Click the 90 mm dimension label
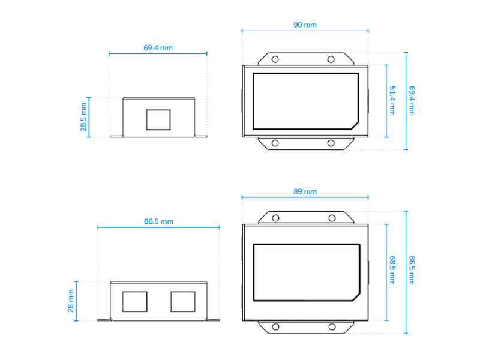(305, 25)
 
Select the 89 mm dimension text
(305, 191)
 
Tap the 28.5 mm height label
(83, 116)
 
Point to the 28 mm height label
(71, 301)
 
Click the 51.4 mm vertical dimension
(392, 101)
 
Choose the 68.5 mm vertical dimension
(392, 270)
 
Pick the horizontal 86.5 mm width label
(158, 221)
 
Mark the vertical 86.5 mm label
(412, 270)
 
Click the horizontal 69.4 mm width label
(158, 47)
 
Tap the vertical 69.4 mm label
(412, 101)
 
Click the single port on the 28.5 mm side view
(158, 119)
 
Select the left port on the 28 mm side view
(134, 301)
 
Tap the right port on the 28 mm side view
(182, 301)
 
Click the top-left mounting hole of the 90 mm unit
(275, 59)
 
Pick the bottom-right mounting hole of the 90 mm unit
(331, 143)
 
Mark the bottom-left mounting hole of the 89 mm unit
(275, 326)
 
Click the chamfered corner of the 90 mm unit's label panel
(355, 124)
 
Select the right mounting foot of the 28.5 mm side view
(201, 136)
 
